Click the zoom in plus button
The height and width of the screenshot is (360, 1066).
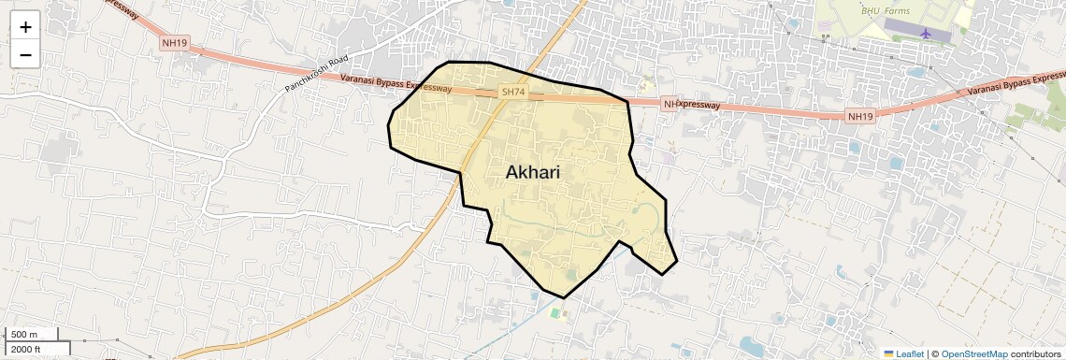coord(25,26)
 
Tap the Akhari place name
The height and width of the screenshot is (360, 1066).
coord(539,172)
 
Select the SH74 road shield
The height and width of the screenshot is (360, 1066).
coord(513,92)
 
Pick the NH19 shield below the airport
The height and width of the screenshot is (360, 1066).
coord(859,116)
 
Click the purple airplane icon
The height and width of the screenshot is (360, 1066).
coord(926,34)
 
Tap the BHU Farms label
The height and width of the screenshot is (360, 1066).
coord(884,10)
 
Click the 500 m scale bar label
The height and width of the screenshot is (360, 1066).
coord(24,335)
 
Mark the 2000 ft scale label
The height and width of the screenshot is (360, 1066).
coord(26,349)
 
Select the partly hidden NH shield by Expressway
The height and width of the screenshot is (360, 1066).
coord(669,104)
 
